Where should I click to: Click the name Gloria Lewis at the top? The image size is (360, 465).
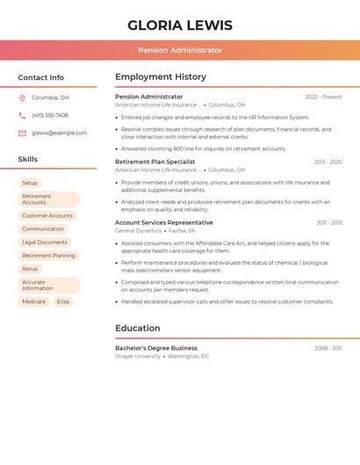(180, 25)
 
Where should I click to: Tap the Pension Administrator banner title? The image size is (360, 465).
(180, 50)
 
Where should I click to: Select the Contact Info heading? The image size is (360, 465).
(41, 77)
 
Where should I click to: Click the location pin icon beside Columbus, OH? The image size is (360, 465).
(22, 97)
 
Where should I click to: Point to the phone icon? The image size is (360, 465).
(22, 115)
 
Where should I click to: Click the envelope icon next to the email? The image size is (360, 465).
(22, 132)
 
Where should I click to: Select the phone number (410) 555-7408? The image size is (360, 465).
(50, 115)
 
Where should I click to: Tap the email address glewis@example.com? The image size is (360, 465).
(60, 132)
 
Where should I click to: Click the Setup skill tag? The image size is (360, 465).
(30, 182)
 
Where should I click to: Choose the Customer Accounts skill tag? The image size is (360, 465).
(47, 215)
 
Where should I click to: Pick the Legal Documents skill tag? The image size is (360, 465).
(45, 241)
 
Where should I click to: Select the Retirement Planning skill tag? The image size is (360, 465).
(48, 255)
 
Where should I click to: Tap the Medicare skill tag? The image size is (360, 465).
(33, 301)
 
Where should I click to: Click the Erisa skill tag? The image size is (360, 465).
(62, 301)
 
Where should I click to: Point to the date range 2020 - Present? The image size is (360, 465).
(323, 97)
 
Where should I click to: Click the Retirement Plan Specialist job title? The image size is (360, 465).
(155, 161)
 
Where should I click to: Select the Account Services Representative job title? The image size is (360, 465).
(164, 222)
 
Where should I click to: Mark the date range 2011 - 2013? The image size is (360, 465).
(329, 223)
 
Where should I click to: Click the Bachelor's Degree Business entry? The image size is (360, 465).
(156, 347)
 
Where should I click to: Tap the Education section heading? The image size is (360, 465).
(138, 328)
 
